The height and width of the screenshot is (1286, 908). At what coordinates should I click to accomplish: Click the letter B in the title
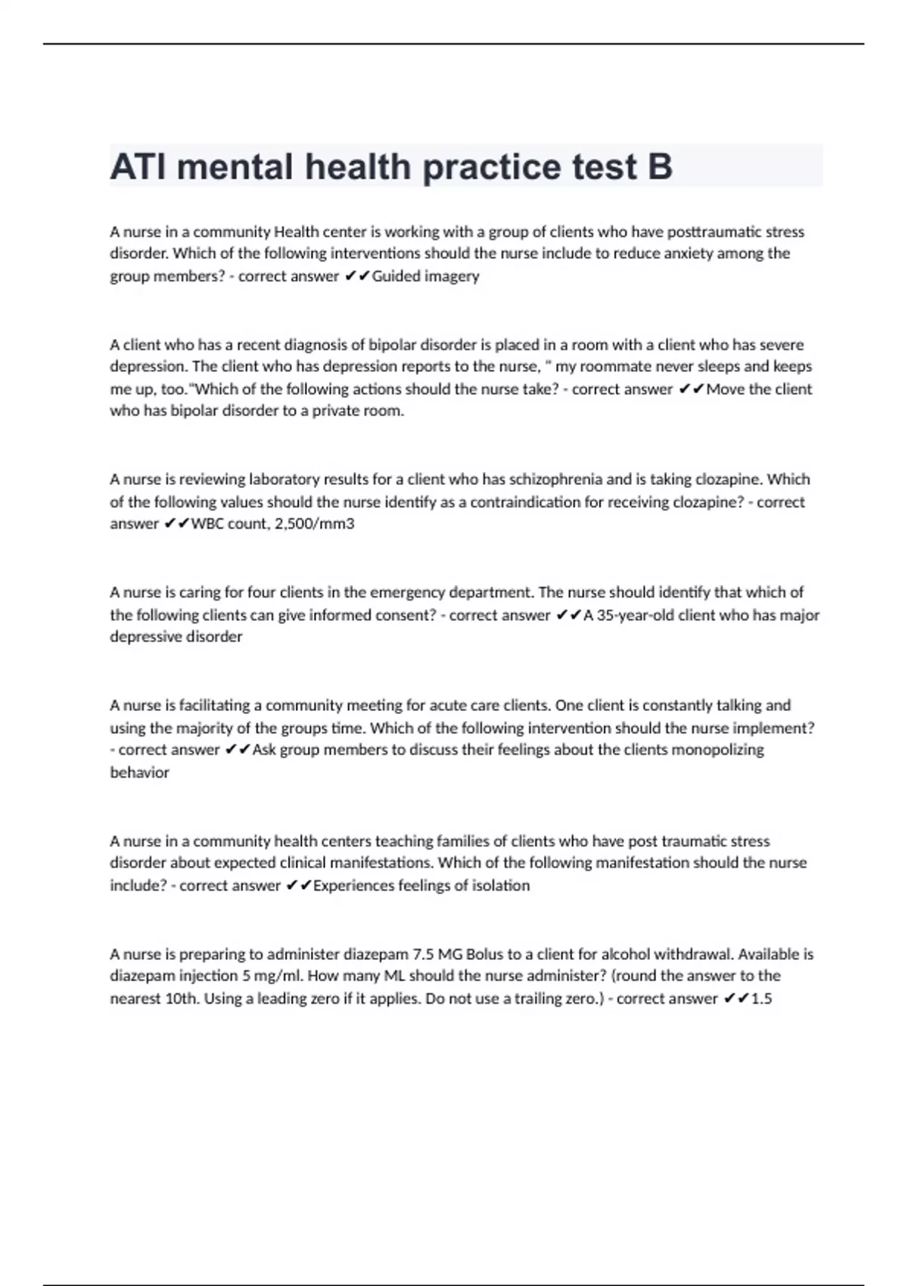[660, 167]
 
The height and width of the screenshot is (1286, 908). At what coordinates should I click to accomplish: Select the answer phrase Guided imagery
[425, 276]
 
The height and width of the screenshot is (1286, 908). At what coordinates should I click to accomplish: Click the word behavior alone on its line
[139, 772]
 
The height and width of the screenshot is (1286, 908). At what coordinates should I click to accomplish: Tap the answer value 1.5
[761, 999]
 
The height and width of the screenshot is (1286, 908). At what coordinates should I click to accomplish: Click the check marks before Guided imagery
[356, 276]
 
